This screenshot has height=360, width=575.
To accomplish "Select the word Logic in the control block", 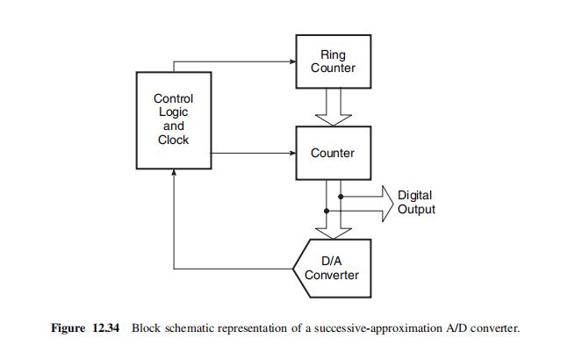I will click(x=173, y=112).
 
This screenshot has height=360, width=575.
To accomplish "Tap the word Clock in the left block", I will click(x=173, y=140).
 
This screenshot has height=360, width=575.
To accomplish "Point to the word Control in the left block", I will click(x=173, y=99).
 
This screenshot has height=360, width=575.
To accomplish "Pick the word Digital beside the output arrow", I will click(x=414, y=196).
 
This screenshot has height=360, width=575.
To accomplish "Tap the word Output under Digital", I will click(x=416, y=210).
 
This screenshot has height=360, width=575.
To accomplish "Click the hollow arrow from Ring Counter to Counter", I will click(x=333, y=106).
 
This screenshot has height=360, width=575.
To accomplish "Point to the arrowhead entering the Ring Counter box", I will click(x=292, y=62).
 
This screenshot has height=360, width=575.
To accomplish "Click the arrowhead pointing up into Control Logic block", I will click(x=175, y=174).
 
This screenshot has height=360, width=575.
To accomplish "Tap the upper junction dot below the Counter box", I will click(x=340, y=196).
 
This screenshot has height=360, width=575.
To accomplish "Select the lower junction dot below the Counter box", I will click(x=327, y=211).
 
